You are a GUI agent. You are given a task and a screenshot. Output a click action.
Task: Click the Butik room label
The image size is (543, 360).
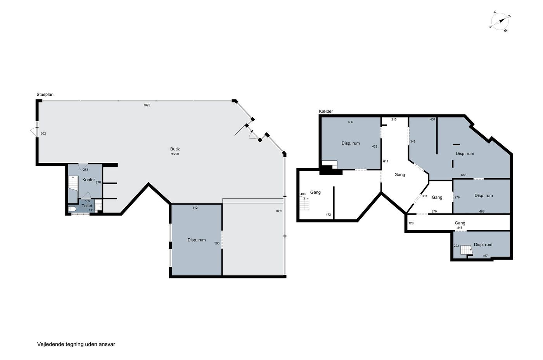pyautogui.click(x=175, y=149)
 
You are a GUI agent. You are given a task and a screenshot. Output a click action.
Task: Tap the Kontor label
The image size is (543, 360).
pyautogui.click(x=88, y=180)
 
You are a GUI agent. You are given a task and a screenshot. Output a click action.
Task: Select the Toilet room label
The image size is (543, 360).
pyautogui.click(x=87, y=206)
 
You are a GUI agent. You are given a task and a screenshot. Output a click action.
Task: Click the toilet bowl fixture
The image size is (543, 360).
pyautogui.click(x=72, y=208)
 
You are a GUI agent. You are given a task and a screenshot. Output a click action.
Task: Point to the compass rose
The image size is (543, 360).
pyautogui.click(x=500, y=22)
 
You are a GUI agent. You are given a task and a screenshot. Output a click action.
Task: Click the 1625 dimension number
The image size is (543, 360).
pyautogui.click(x=147, y=105)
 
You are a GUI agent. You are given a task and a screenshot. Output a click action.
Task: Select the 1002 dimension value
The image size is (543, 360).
pyautogui.click(x=278, y=211)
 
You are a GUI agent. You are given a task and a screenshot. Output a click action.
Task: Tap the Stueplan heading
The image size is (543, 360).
pyautogui.click(x=45, y=95)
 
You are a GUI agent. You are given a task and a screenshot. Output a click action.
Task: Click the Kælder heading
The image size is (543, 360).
pyautogui.click(x=326, y=112)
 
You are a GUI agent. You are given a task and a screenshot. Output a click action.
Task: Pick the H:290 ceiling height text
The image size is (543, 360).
pyautogui.click(x=175, y=154)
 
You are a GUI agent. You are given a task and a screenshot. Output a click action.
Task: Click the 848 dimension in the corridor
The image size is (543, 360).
pyautogui.click(x=460, y=228)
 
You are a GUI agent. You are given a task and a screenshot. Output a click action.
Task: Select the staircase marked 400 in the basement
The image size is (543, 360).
pyautogui.click(x=304, y=203)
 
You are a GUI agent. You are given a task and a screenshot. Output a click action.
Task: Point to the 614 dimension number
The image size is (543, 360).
pyautogui.click(x=386, y=161)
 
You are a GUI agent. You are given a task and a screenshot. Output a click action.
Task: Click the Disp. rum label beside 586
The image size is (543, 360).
pyautogui.click(x=196, y=240)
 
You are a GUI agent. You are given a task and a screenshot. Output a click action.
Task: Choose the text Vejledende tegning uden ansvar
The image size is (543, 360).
pyautogui.click(x=76, y=344)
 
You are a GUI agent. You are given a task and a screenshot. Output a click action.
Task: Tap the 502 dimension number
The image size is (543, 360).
pyautogui.click(x=43, y=133)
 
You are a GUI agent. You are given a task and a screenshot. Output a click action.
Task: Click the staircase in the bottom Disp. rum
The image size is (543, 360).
pyautogui.click(x=467, y=250)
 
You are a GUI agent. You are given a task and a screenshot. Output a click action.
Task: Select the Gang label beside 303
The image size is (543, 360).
pyautogui.click(x=437, y=198)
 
